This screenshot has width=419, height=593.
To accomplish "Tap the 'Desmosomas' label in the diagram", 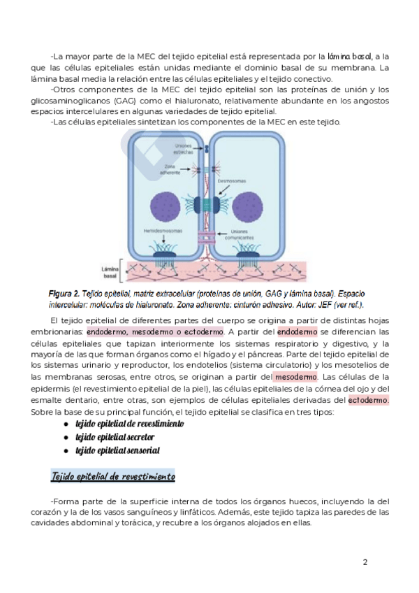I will pos(230,180).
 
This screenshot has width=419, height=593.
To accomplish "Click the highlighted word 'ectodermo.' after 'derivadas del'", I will pos(369,400).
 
